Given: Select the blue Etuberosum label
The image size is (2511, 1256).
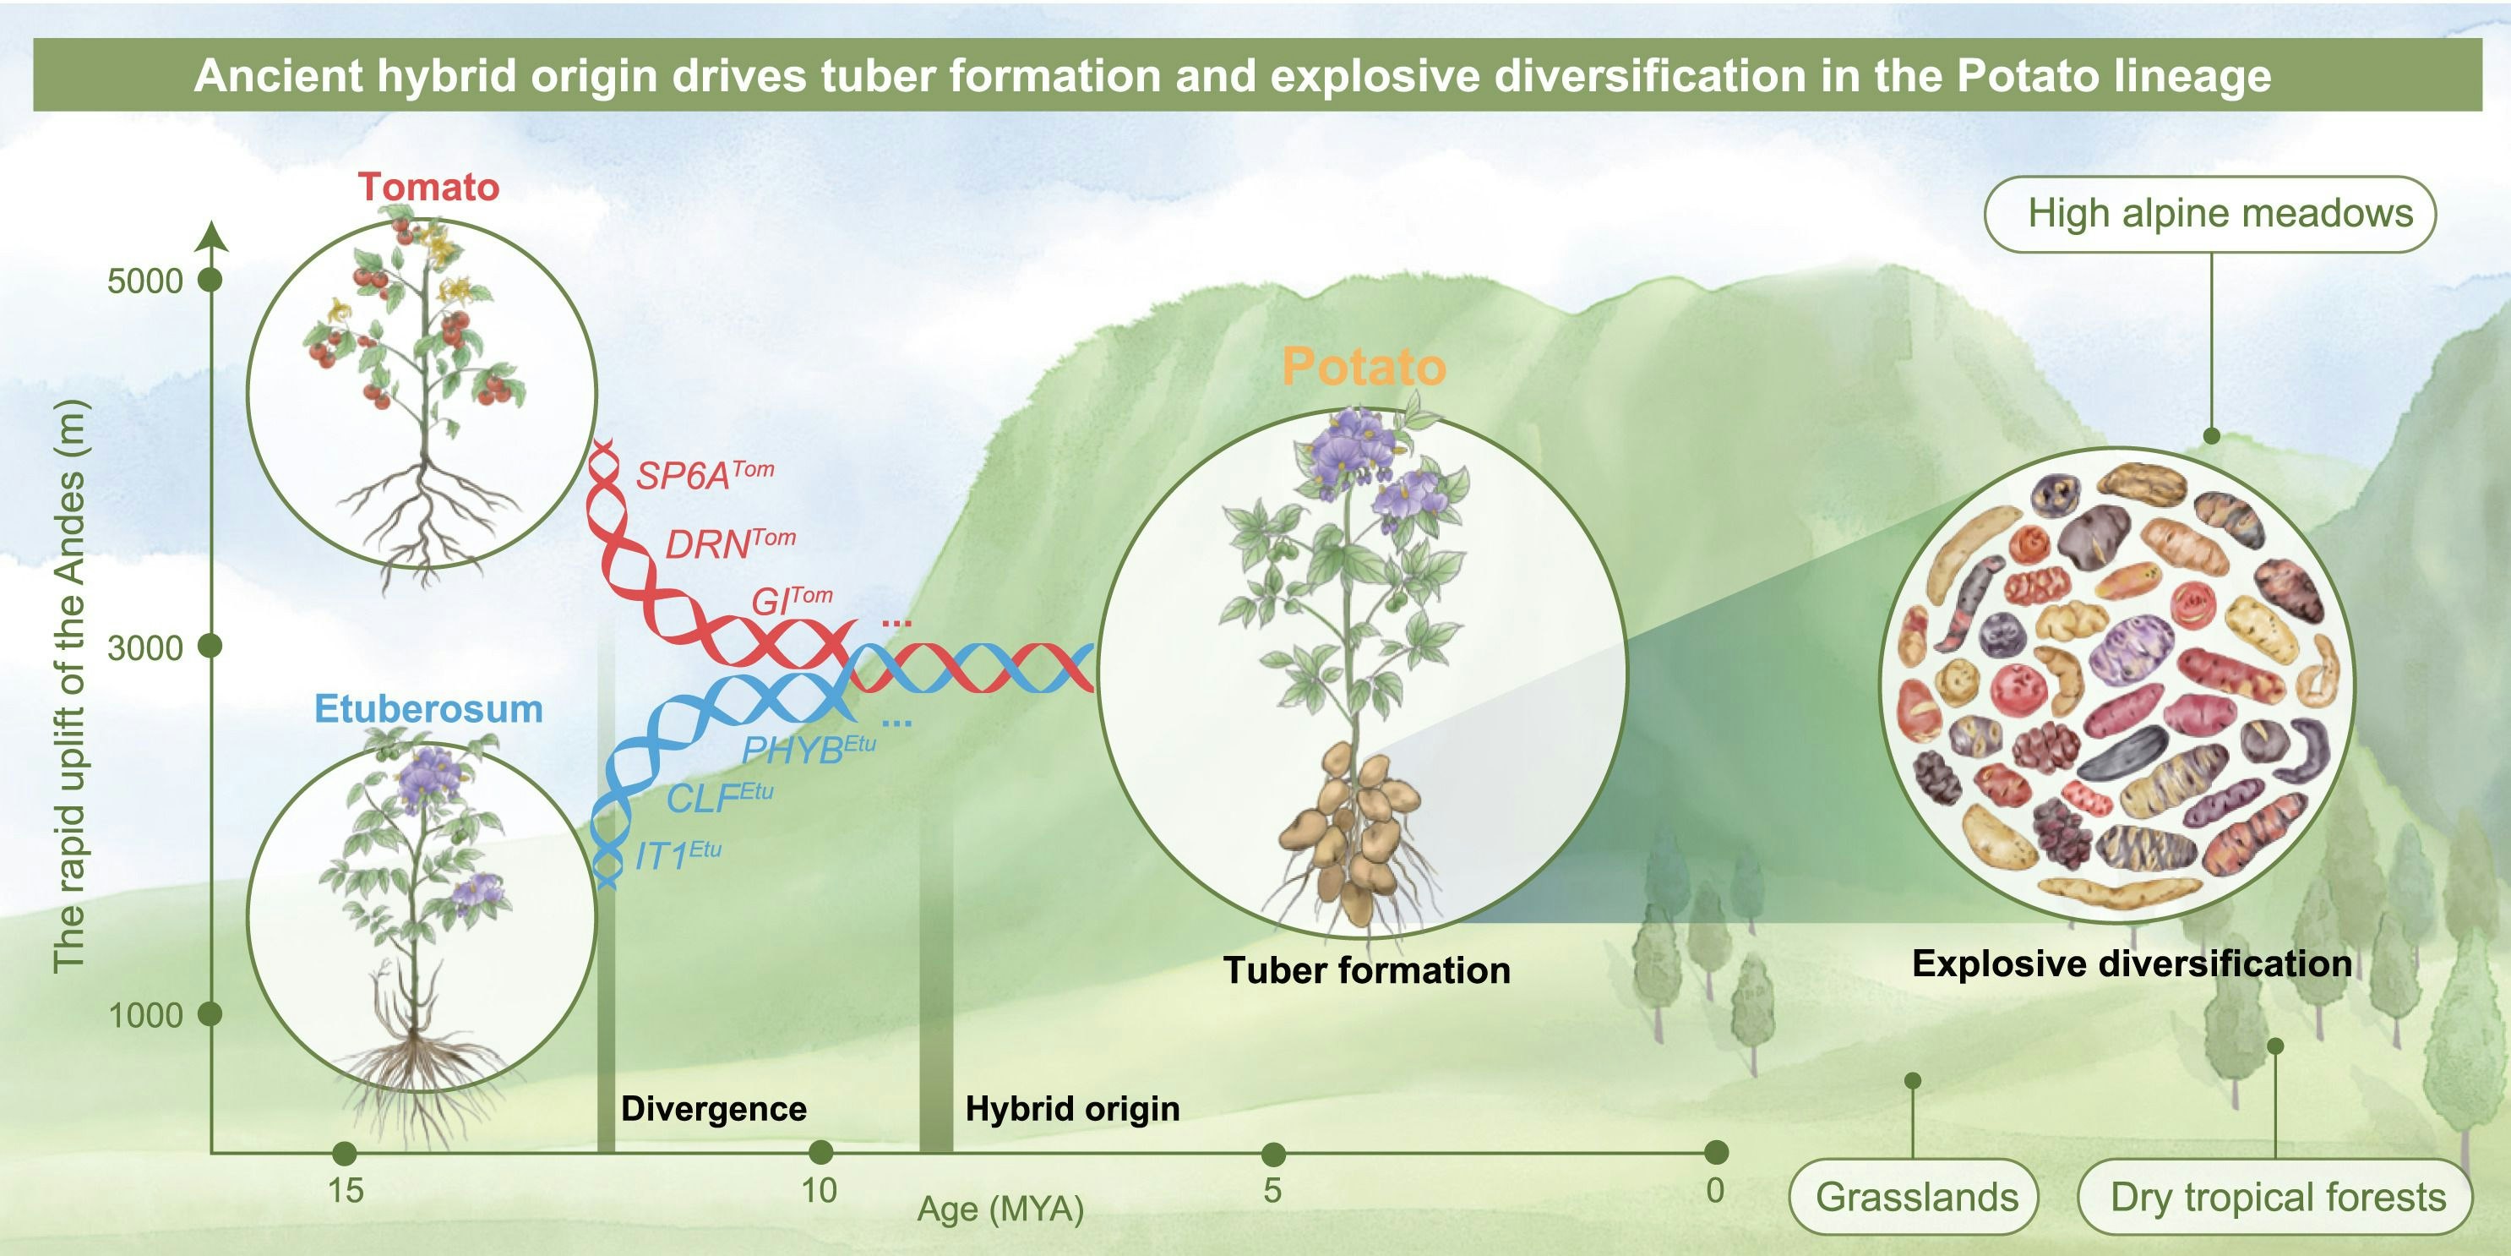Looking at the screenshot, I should (x=428, y=709).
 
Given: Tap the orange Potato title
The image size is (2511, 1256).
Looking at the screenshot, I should (x=1363, y=368).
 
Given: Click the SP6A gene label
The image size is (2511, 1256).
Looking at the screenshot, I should (x=704, y=475).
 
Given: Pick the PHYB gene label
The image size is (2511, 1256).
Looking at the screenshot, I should (x=807, y=749).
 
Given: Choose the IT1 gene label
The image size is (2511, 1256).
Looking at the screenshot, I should (x=678, y=855).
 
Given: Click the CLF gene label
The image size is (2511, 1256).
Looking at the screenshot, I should (x=718, y=798).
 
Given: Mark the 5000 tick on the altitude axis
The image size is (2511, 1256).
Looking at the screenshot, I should (x=145, y=281).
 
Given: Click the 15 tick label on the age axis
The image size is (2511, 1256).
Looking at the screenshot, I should (x=345, y=1191).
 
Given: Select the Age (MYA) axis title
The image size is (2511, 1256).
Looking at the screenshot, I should (x=1000, y=1210).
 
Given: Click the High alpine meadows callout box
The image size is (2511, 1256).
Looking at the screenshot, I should (x=2209, y=214).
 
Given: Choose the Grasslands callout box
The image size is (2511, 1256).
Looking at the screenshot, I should (x=1915, y=1197).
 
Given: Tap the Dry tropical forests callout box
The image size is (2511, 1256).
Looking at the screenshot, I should (x=2276, y=1197).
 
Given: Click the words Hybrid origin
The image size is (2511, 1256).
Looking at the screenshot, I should (x=1072, y=1109).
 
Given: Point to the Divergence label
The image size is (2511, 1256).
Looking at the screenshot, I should (x=714, y=1109).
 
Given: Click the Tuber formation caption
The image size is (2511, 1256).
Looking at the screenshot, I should (x=1367, y=970).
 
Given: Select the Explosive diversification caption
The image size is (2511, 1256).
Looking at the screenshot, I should (x=2132, y=964).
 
